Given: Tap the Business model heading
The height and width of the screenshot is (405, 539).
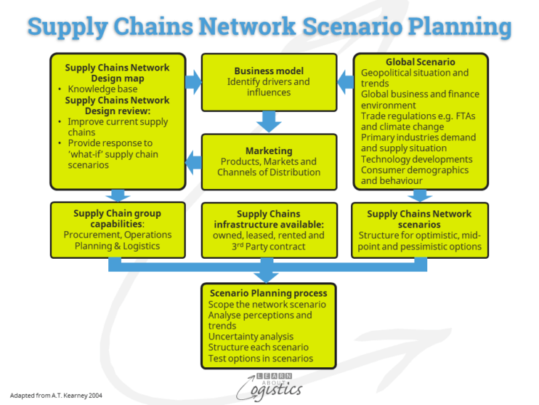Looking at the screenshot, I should click(269, 71).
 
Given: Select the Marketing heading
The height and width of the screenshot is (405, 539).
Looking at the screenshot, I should click(269, 150).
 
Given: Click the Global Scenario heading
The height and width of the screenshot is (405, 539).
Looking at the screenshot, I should click(420, 63).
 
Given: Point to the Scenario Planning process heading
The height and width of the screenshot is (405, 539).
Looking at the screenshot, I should click(269, 293).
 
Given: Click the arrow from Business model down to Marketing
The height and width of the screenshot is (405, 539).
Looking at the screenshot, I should click(269, 121).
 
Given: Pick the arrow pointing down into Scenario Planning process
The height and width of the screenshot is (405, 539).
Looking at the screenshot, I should click(269, 273).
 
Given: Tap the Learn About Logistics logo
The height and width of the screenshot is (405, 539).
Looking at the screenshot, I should click(269, 385).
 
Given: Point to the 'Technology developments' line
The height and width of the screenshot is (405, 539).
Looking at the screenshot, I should click(416, 159).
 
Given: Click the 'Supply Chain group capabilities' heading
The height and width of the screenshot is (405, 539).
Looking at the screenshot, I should click(117, 219).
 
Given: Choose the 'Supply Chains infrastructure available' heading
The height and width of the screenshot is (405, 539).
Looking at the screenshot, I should click(269, 219).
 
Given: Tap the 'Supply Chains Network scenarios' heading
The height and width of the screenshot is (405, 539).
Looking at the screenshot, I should click(419, 219).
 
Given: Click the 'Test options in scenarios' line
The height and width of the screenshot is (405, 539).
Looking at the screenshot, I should click(261, 358).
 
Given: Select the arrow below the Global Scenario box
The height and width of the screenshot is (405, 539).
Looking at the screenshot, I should click(420, 195).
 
